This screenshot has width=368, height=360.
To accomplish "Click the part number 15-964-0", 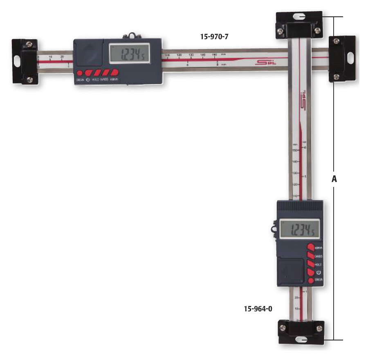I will (x=258, y=309).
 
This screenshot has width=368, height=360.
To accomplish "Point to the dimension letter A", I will (x=334, y=179).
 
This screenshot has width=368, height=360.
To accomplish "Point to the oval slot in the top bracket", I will (x=300, y=17).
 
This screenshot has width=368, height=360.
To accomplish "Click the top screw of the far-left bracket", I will (x=29, y=43).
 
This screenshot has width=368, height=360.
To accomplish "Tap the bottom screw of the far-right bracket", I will (x=336, y=76).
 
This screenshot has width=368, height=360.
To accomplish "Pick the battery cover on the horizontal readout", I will (x=88, y=52).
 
